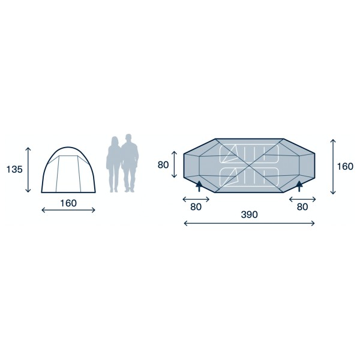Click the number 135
(x=14, y=169)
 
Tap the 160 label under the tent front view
(x=68, y=203)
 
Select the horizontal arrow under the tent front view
(x=68, y=210)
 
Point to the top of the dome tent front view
(x=68, y=147)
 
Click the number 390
(x=250, y=215)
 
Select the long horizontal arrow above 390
(x=249, y=223)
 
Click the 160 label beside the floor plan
(x=345, y=166)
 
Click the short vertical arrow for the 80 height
(x=174, y=164)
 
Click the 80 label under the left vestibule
(x=196, y=207)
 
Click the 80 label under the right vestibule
(x=302, y=207)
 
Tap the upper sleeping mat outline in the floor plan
(x=250, y=154)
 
